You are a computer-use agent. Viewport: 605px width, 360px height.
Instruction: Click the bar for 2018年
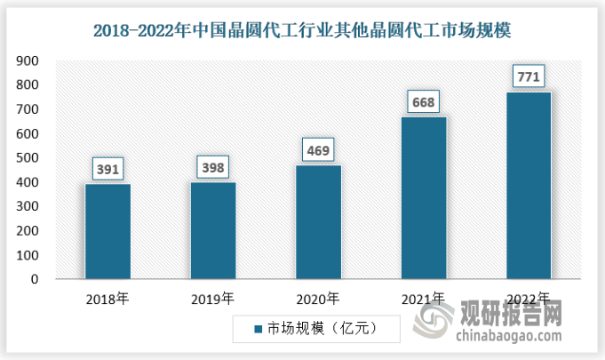107,231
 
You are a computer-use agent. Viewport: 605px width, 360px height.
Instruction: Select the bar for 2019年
212,230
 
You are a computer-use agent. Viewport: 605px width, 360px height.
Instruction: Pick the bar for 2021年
424,197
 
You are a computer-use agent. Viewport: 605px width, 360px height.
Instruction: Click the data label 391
107,169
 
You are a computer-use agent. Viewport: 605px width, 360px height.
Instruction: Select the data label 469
318,150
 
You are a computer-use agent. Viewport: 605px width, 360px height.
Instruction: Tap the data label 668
424,102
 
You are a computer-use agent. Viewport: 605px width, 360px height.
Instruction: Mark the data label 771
529,77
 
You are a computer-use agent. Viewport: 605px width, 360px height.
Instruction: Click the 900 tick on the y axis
28,61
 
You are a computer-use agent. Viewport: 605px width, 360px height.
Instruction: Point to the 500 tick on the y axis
28,158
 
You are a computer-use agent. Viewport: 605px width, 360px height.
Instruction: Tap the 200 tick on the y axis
28,231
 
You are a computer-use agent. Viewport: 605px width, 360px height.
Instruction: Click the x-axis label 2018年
107,298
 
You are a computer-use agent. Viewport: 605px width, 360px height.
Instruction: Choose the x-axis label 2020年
318,298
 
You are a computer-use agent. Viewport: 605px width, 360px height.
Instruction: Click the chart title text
302,29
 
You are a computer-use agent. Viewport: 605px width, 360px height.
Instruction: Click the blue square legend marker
258,329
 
